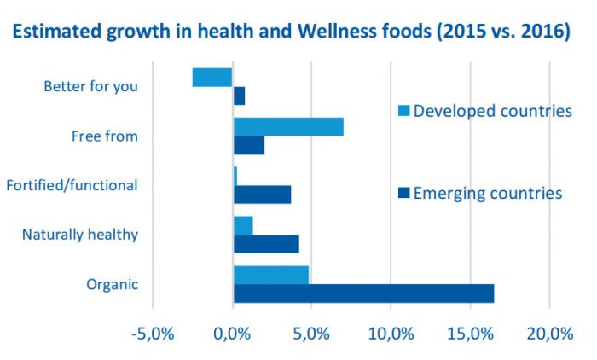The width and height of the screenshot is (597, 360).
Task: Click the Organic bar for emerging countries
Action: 363,293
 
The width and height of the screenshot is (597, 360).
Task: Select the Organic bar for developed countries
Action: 271,275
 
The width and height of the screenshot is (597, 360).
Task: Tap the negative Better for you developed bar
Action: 212,77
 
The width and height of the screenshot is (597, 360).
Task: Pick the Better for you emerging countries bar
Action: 240,96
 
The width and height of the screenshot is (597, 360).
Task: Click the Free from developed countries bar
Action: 288,126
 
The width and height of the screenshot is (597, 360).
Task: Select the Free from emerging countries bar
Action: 249,145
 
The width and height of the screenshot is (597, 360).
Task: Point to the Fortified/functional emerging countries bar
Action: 263,195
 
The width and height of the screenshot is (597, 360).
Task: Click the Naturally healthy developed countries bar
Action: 243,225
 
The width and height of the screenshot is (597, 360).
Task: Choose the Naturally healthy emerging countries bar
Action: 266,244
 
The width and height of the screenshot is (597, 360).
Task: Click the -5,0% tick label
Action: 154,333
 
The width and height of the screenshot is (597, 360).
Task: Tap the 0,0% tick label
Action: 233,333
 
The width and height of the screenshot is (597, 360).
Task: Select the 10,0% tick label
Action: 391,333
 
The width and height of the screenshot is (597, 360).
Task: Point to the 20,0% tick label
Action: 549,333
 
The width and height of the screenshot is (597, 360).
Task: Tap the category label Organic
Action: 112,284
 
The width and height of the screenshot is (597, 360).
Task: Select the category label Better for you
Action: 90,86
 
